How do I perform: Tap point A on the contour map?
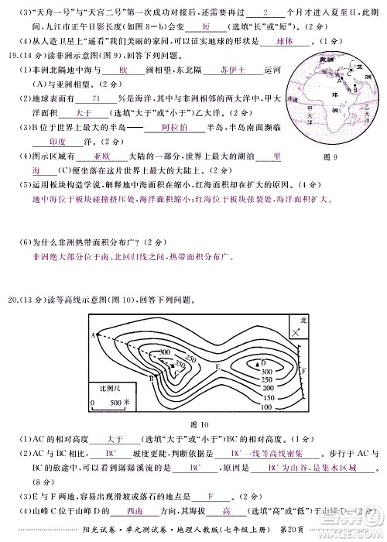point(93,334)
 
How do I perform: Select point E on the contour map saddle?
point(218,366)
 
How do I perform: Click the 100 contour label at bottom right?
point(265,406)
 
